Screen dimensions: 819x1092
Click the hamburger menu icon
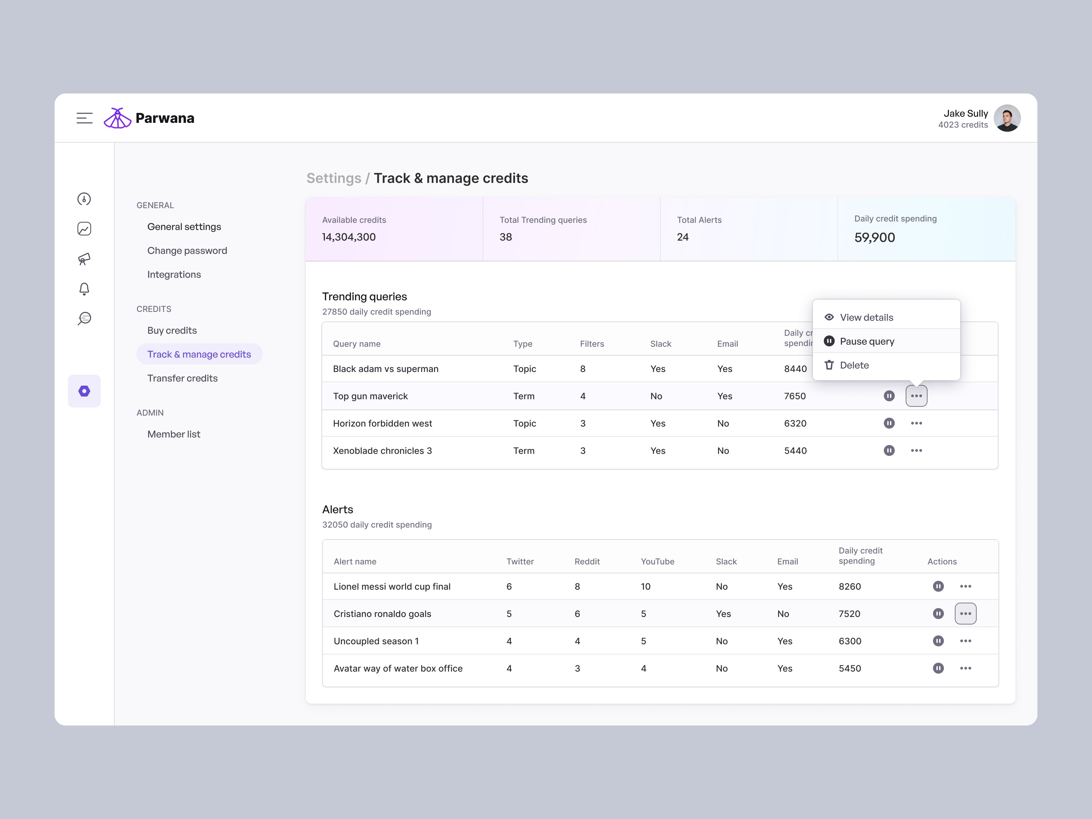[84, 118]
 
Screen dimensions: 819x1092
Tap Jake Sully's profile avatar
[1007, 118]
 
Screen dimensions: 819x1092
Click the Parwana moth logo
[117, 118]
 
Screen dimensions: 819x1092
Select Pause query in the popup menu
[866, 341]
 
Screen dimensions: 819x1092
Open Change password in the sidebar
[187, 251]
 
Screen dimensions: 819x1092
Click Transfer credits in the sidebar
[182, 378]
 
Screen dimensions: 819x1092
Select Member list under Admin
[173, 434]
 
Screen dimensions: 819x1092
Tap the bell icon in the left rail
[84, 289]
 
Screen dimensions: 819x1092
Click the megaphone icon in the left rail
[84, 259]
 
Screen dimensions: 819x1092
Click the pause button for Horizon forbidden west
[889, 423]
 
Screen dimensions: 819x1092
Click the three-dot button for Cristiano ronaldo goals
[965, 614]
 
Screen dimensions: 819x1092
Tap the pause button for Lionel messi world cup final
[938, 587]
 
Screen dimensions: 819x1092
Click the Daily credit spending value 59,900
[874, 238]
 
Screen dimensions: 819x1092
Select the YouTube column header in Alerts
[657, 562]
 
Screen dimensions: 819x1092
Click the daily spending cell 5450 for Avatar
[849, 669]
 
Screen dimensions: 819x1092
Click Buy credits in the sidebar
[172, 331]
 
